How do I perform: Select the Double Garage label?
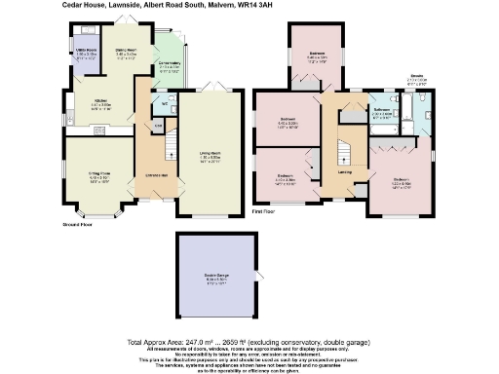[217, 279]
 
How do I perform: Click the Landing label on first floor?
[345, 172]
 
